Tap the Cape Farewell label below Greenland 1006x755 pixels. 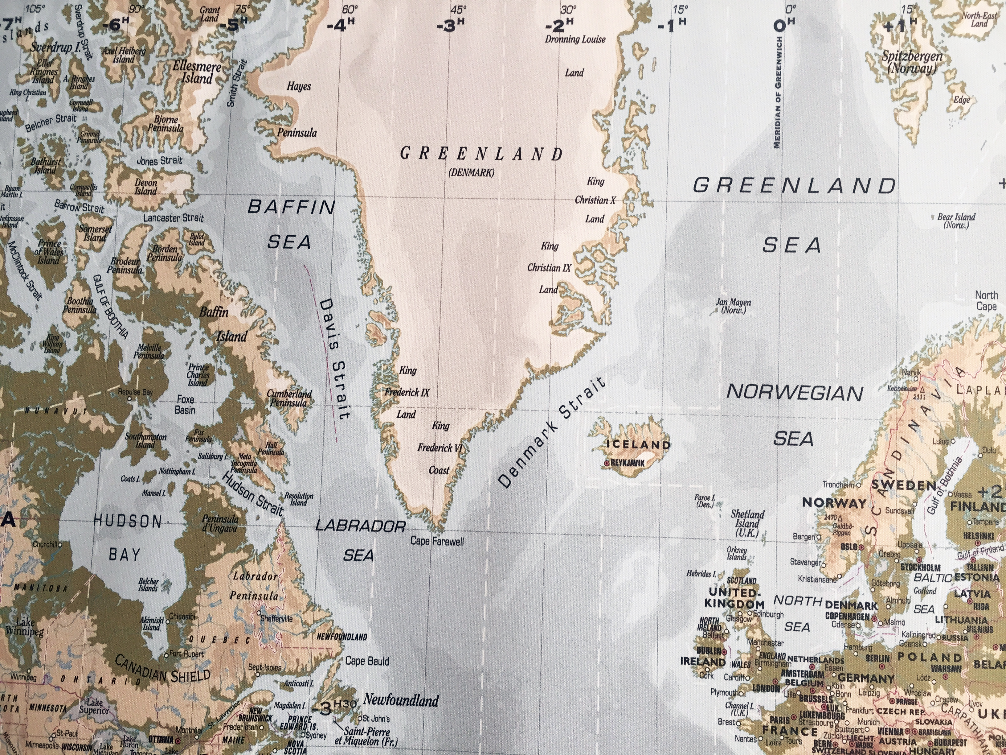coord(437,541)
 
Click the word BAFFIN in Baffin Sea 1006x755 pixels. coord(291,208)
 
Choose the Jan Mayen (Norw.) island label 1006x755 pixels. coord(733,306)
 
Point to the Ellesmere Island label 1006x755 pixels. coord(196,73)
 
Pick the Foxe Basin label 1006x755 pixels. coord(185,405)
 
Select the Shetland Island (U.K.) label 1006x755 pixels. coord(747,524)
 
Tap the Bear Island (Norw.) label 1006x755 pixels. coord(956,221)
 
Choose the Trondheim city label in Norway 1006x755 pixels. coord(838,485)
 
